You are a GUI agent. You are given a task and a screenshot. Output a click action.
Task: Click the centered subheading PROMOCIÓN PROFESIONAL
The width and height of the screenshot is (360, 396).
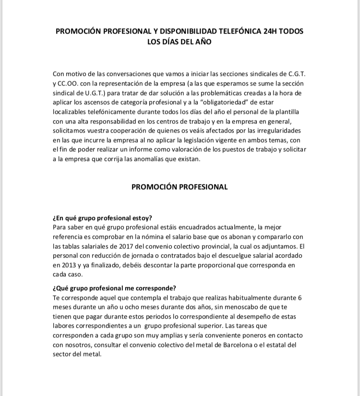tap(180, 187)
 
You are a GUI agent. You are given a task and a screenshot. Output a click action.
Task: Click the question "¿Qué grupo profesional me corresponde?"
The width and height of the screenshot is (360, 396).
tap(114, 288)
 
